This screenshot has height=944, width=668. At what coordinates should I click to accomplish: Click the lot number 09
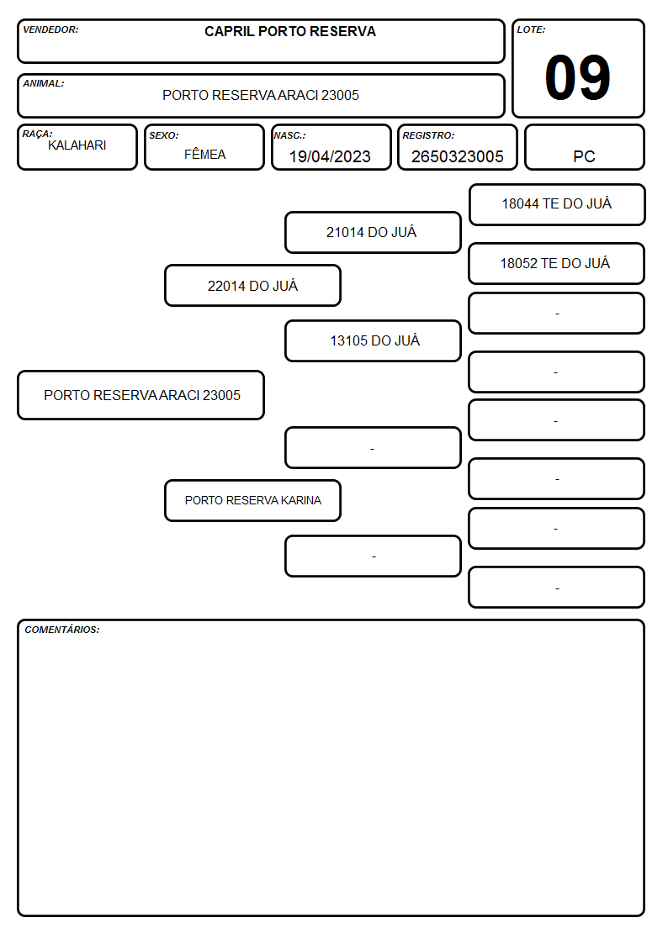pos(577,77)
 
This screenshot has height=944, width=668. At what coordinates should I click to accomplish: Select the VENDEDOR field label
pos(50,29)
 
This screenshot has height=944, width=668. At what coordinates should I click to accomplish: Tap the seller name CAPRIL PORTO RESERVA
pos(289,31)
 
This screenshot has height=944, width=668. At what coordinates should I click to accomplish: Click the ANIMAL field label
pos(44,84)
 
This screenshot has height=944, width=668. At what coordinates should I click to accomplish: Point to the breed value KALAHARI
pos(77,145)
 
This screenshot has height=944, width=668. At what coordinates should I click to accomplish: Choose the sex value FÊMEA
pos(204,154)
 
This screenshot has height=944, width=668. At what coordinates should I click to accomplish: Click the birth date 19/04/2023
pos(330,156)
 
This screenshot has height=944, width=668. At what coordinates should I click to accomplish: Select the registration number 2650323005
pos(457,156)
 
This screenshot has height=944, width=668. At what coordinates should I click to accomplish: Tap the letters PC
pos(584,156)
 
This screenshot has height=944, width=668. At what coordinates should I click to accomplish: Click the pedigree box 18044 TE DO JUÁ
pos(557,205)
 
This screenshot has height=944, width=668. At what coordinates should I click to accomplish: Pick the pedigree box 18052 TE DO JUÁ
pos(556,264)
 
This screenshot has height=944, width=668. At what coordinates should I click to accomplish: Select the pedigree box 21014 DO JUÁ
pos(373,232)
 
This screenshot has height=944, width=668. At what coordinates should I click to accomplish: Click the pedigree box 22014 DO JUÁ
pos(252,285)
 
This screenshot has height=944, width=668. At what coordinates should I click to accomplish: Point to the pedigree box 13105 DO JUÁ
pos(373,340)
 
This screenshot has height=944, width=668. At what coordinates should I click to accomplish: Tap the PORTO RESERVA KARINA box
pos(252,500)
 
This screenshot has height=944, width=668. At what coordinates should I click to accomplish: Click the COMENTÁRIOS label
pos(62,630)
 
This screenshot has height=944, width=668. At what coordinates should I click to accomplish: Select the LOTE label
pos(531,29)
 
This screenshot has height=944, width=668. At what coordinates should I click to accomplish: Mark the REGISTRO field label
pos(428,135)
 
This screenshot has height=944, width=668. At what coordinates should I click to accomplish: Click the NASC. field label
pos(289,135)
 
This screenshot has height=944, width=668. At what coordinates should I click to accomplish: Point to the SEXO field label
pos(164,135)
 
